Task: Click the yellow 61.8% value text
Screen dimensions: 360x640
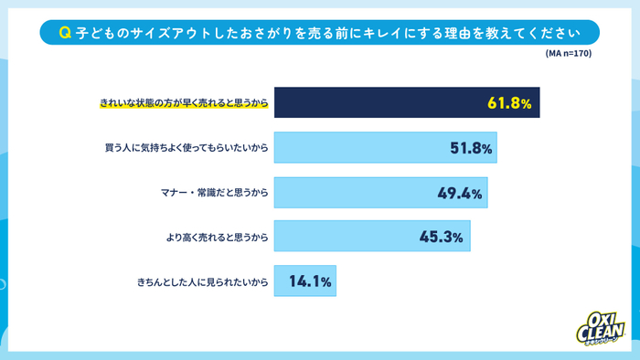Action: [509, 103]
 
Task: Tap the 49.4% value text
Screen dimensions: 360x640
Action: [461, 192]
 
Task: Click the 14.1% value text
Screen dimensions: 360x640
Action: [310, 281]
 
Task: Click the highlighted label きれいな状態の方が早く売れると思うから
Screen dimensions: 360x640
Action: [184, 103]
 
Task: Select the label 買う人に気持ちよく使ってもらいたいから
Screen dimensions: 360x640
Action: [187, 147]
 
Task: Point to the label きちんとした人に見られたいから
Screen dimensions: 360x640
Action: [200, 281]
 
